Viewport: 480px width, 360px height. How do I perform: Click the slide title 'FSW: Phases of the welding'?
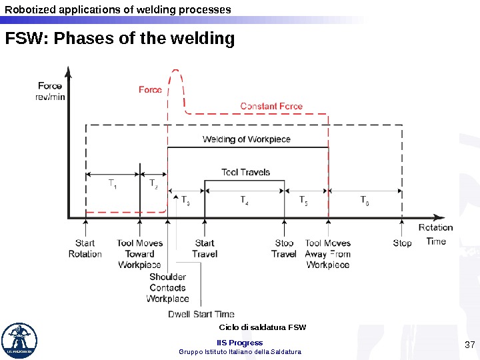tap(120, 39)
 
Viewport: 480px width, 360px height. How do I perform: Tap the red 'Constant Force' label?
tap(271, 106)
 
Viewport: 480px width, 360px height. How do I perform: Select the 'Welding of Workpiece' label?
tap(247, 139)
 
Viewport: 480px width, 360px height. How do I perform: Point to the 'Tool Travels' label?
tap(245, 172)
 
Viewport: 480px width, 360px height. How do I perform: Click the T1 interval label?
tap(113, 183)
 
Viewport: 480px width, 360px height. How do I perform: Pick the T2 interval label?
tap(153, 183)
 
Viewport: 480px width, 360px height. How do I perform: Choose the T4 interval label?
tap(244, 199)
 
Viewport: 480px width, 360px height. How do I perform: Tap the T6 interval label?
tap(365, 199)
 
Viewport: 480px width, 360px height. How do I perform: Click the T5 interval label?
tap(303, 199)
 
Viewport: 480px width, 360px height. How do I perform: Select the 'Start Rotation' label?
tap(85, 248)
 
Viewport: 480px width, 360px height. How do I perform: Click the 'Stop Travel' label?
tap(284, 248)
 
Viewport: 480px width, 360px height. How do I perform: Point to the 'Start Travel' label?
tap(204, 248)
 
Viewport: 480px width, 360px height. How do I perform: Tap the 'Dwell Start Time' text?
tap(201, 314)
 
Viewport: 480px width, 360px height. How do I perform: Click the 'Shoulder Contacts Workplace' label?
tap(167, 287)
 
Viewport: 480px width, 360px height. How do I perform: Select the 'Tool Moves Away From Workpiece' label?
tap(327, 253)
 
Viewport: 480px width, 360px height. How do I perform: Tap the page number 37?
tap(469, 345)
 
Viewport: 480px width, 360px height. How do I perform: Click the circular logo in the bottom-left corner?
tap(19, 341)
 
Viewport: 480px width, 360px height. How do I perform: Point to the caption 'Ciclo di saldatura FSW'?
tap(262, 327)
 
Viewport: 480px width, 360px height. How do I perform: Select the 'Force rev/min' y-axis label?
tap(50, 91)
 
